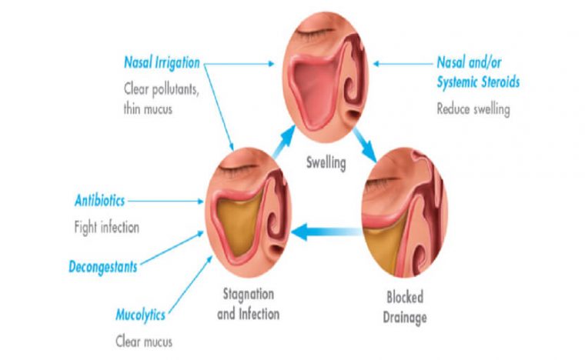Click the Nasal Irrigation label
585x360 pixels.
click(162, 62)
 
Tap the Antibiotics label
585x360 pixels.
click(99, 201)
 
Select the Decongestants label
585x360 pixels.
click(103, 267)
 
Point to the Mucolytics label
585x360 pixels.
click(140, 315)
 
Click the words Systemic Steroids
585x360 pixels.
click(478, 82)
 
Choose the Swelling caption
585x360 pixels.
click(326, 163)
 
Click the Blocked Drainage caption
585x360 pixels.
click(405, 308)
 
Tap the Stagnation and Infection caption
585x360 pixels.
click(248, 304)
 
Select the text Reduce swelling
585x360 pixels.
click(473, 109)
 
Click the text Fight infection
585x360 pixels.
click(107, 227)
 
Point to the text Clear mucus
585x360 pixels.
click(144, 342)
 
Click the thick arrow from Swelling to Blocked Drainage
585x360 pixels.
click(365, 145)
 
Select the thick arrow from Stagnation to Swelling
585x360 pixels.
click(283, 142)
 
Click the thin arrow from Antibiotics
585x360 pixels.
click(165, 202)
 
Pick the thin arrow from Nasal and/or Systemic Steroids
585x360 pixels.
click(403, 64)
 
